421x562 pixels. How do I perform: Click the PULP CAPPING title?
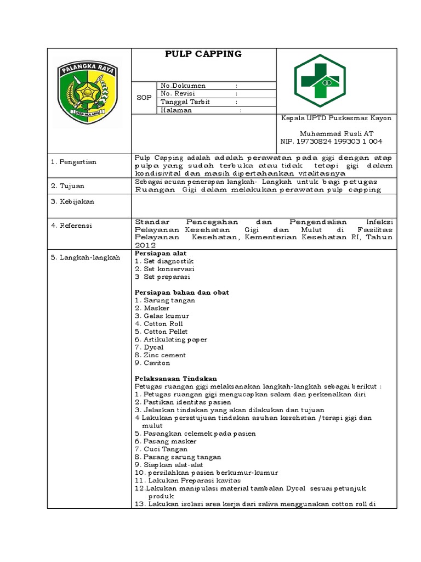203,54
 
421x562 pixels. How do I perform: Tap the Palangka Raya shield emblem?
89,91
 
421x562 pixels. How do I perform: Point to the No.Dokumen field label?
183,86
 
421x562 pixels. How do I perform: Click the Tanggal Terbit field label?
185,102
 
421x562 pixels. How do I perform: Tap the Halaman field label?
177,110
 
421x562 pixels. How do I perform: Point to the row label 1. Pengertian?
73,162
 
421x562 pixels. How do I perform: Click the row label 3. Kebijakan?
72,201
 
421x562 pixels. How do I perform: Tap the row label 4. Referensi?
72,226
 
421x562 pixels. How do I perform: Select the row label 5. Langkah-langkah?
85,257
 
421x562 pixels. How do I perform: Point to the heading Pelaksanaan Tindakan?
176,379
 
